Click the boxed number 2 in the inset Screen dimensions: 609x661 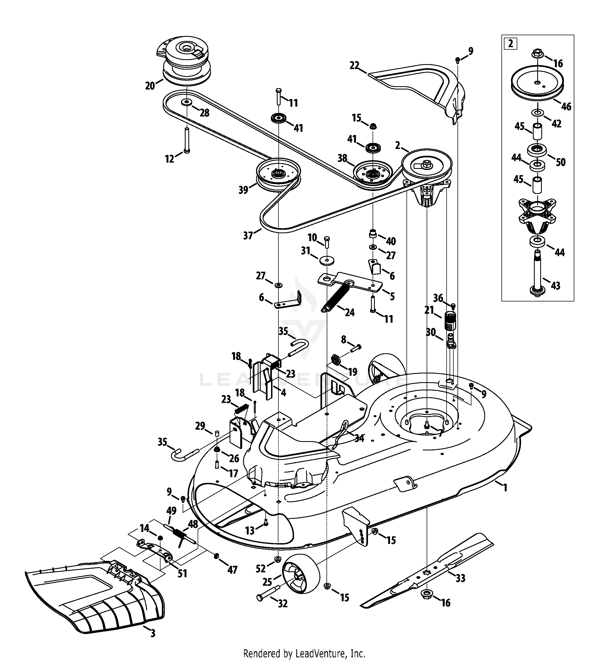(510, 43)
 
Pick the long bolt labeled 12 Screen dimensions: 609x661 (187, 140)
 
